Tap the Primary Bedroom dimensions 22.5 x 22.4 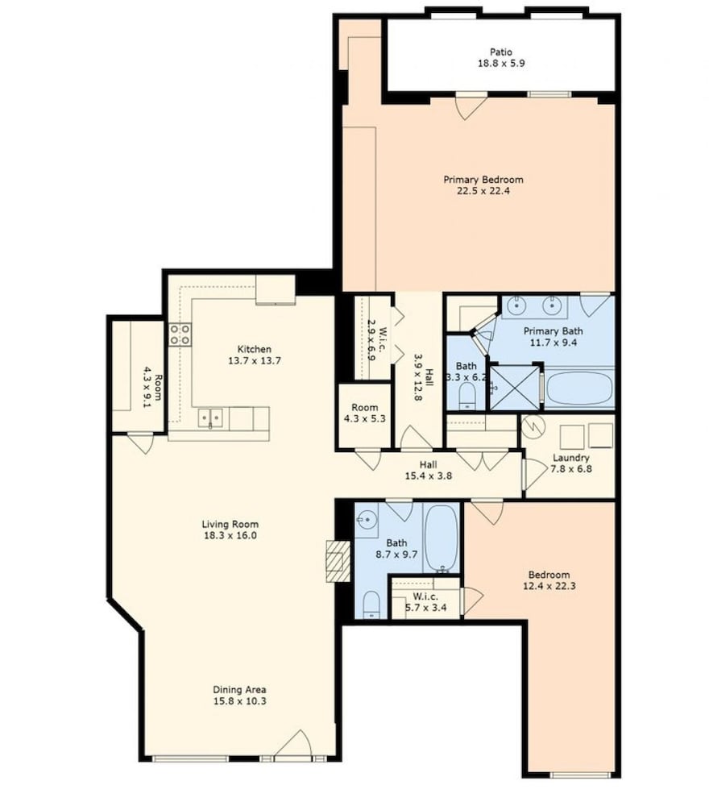click(x=483, y=191)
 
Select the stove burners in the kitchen click(x=180, y=334)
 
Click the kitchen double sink click(x=210, y=418)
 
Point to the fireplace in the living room click(x=338, y=561)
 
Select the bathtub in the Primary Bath click(x=579, y=389)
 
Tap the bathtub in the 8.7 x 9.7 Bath click(x=442, y=538)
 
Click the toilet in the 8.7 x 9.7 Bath click(x=371, y=604)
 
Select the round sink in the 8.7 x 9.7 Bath click(x=367, y=520)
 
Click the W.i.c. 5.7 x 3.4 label click(x=426, y=602)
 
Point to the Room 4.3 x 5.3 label click(x=365, y=413)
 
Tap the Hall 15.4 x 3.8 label click(x=429, y=471)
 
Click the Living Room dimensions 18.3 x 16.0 click(x=230, y=536)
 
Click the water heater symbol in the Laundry click(x=533, y=426)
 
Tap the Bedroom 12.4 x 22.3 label click(x=549, y=580)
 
